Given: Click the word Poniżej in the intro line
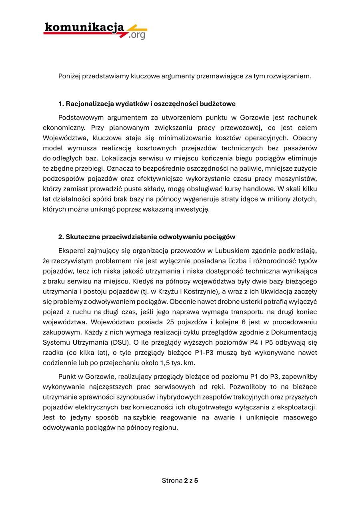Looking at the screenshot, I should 69,76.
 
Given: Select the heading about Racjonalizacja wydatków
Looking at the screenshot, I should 147,104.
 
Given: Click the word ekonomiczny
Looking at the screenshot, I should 62,128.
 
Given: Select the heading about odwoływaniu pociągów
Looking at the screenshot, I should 147,237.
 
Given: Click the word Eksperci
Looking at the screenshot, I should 71,251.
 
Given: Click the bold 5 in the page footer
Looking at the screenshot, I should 196,481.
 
